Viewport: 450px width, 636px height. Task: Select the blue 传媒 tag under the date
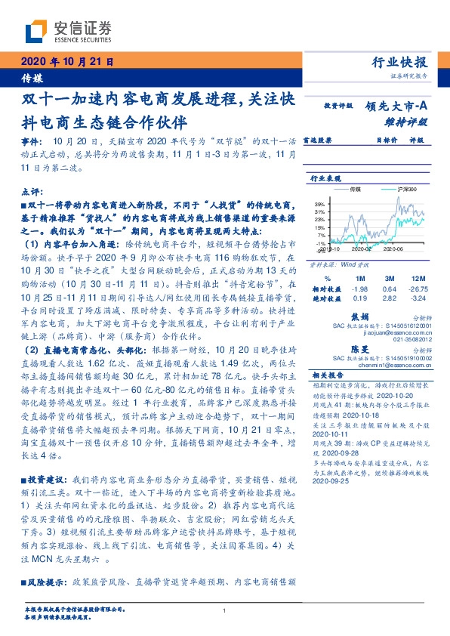pyautogui.click(x=32, y=78)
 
